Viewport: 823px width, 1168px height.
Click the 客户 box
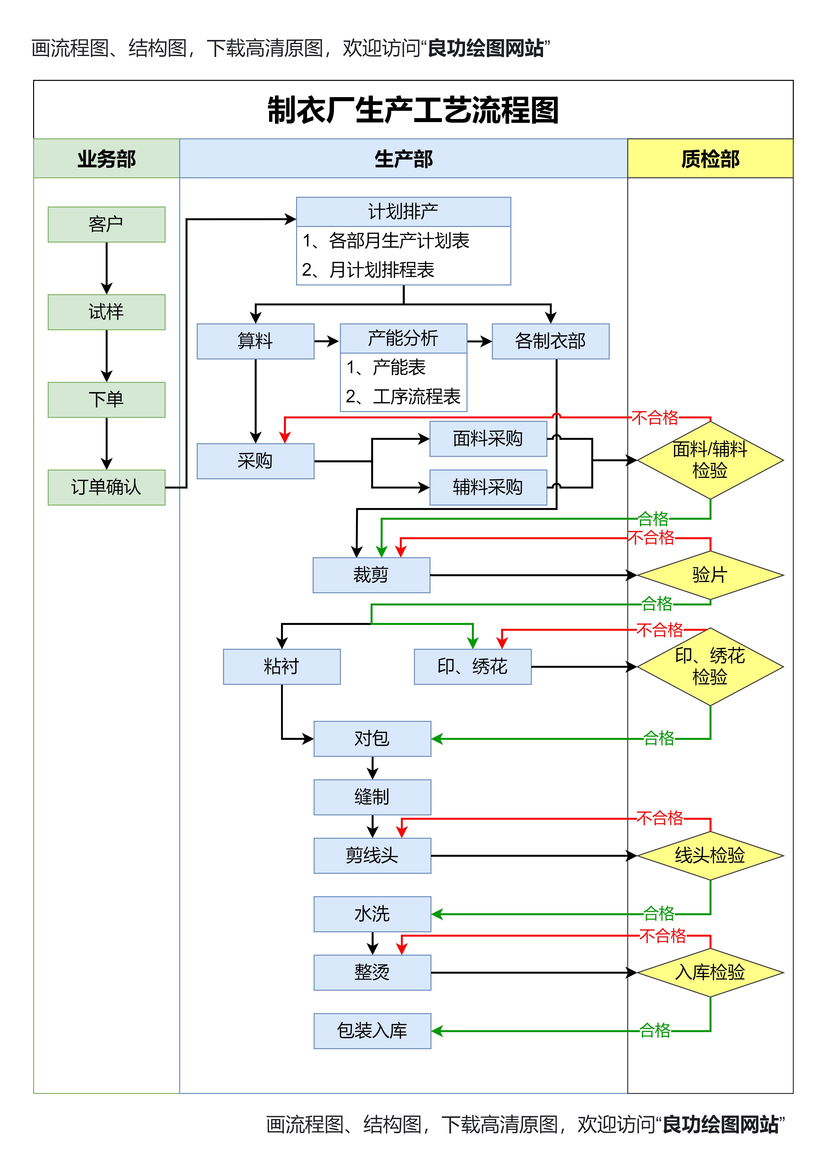[x=106, y=224]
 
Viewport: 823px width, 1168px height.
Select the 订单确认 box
[x=106, y=487]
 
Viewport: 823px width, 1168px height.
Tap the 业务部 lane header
[x=106, y=159]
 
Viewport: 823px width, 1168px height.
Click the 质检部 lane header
[x=710, y=159]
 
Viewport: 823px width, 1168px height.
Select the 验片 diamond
[x=710, y=575]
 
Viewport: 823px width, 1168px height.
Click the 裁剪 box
[x=371, y=575]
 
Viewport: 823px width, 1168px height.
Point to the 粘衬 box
[x=282, y=666]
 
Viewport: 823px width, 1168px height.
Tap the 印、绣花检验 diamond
[x=710, y=666]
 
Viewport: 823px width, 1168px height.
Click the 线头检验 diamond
[x=710, y=856]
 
